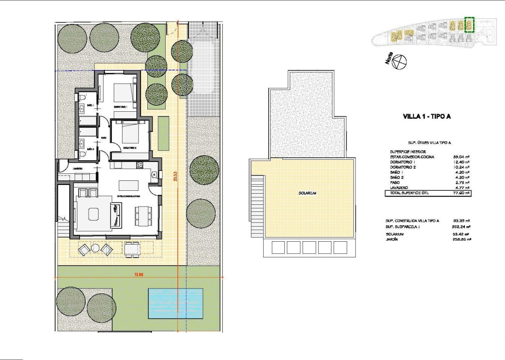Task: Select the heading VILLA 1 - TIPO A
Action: [426, 117]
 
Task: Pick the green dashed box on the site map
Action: [469, 25]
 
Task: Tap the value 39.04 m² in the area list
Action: [462, 157]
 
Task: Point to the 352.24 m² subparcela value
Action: [462, 227]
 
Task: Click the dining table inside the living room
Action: [143, 215]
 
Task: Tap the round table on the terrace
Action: [95, 248]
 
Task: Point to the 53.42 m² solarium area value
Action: [462, 234]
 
